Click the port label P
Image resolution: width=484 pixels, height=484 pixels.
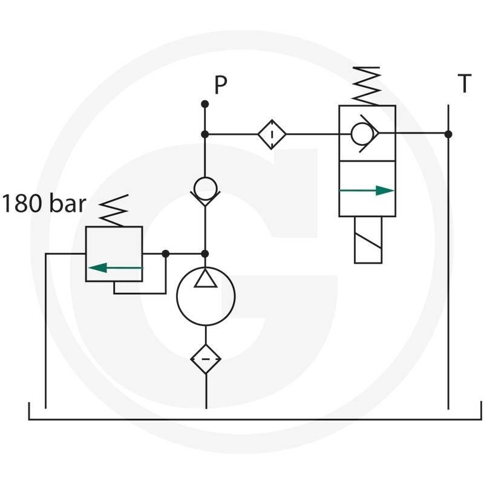click(220, 86)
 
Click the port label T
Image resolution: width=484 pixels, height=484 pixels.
click(464, 85)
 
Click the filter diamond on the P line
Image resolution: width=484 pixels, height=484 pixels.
click(272, 134)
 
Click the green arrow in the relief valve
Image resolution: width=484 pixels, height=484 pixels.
click(116, 267)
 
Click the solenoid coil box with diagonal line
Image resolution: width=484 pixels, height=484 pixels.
click(368, 240)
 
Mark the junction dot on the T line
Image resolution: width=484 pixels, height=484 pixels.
click(448, 134)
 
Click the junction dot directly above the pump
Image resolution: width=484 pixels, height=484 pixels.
click(205, 253)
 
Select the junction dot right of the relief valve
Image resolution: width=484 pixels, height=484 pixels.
click(166, 253)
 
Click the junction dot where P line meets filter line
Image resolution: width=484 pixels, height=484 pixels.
click(205, 134)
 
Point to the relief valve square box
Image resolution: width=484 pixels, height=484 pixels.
click(114, 253)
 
